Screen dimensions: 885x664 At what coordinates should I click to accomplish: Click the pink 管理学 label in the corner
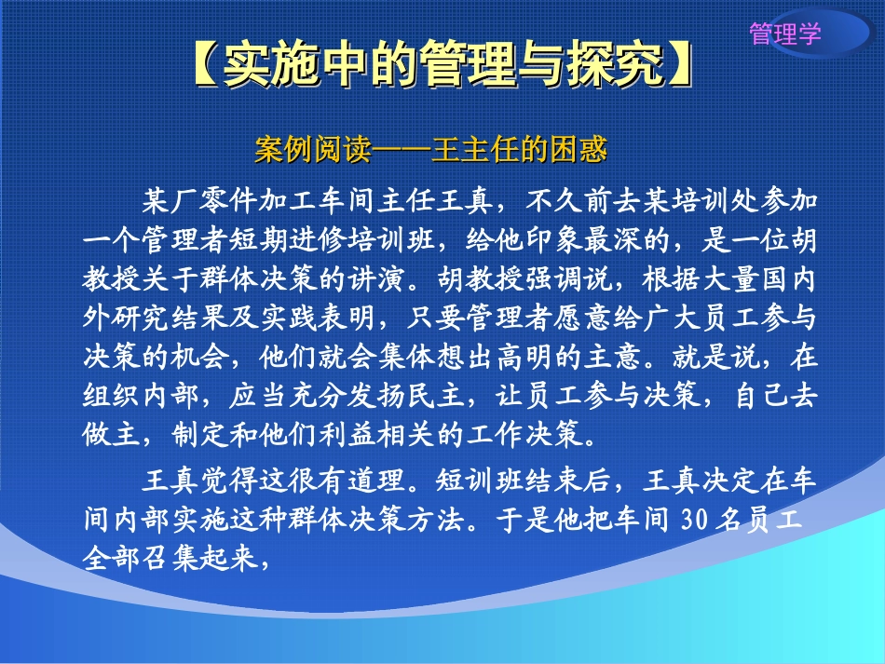coord(785,34)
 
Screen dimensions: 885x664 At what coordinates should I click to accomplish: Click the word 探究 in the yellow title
coord(616,64)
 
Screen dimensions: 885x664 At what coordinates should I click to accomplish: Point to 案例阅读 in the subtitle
coord(313,150)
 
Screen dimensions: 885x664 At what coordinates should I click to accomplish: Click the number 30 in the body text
coord(694,519)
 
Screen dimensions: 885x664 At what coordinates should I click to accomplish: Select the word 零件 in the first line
coord(228,200)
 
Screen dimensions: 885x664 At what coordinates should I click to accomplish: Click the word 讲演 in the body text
coord(377,278)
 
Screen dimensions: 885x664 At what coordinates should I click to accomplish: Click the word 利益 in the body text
coord(347,434)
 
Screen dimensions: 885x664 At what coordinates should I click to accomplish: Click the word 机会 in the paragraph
coord(200,357)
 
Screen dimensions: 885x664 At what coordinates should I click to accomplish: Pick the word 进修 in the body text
coord(319,239)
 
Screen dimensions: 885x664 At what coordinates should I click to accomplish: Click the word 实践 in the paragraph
coord(289,317)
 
